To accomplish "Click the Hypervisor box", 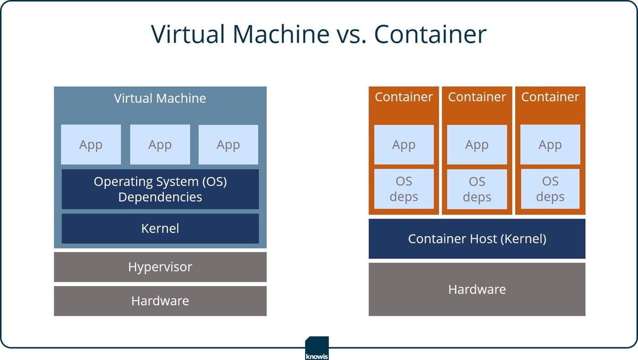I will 160,267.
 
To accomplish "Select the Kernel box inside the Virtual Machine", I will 160,229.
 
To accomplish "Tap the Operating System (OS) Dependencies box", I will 160,189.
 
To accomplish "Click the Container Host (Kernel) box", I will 477,239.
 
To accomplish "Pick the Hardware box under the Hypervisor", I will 160,301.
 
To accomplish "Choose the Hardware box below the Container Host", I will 477,289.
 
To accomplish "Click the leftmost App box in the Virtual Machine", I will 91,145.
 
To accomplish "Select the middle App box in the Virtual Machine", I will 160,145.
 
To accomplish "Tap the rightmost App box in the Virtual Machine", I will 228,145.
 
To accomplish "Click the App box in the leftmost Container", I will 404,145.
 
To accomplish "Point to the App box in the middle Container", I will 477,145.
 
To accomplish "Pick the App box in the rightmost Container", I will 550,145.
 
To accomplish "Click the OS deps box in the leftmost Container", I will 404,189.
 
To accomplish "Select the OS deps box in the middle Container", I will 477,189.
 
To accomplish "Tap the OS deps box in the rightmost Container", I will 550,189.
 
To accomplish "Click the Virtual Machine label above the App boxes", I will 160,98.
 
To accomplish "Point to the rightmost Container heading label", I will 550,97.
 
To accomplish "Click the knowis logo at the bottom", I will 317,349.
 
